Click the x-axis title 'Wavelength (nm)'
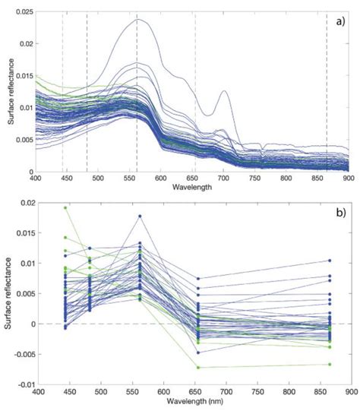[191, 403]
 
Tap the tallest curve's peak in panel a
[138, 20]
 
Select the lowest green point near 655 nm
[198, 368]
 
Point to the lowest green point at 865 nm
[330, 365]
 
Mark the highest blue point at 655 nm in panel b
[198, 279]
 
